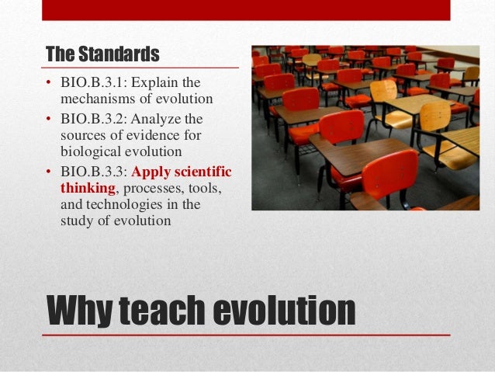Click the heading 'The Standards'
tap(102, 55)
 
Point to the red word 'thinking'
tap(87, 187)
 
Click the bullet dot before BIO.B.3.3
tap(49, 171)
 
